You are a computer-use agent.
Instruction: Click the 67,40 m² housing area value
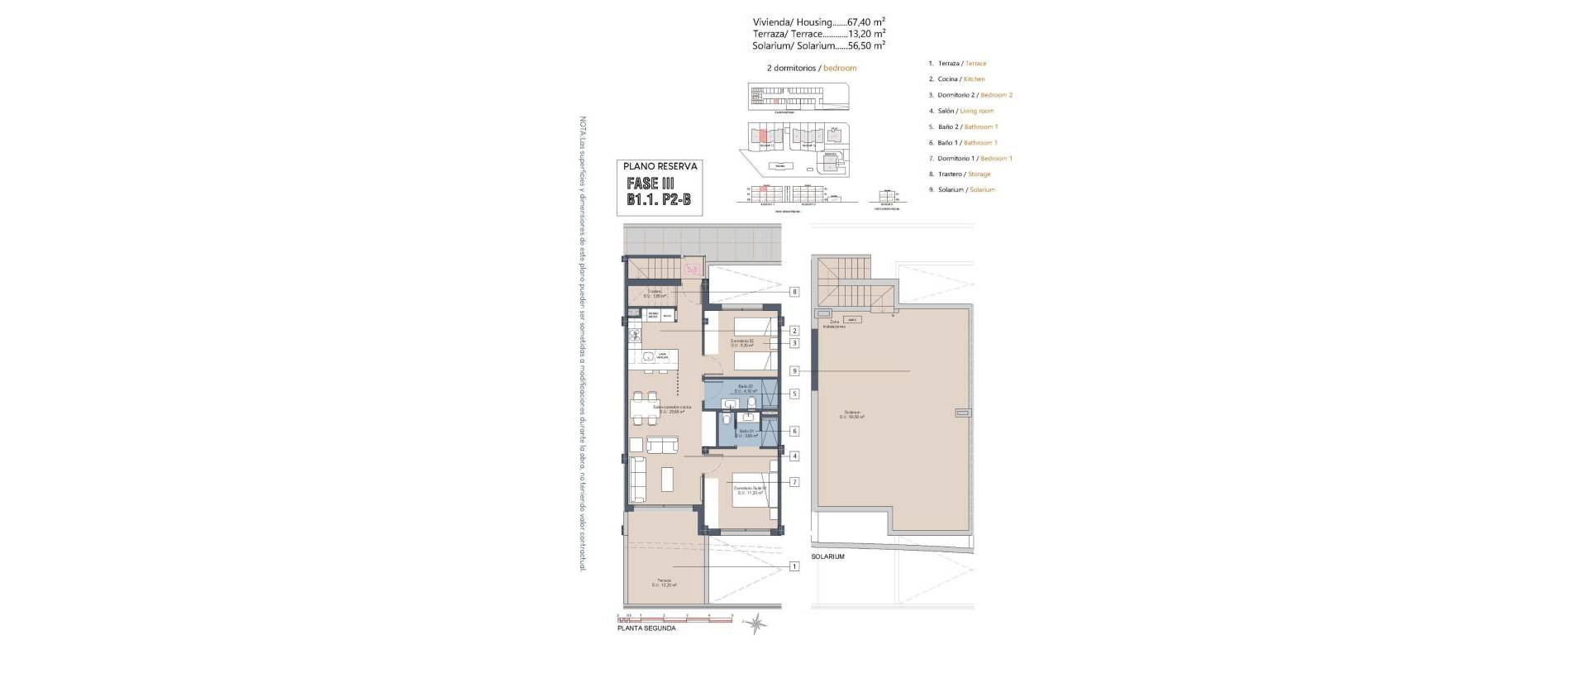(x=866, y=22)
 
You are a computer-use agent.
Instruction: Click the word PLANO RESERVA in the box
(x=660, y=166)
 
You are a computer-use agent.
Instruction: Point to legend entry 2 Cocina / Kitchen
(x=960, y=79)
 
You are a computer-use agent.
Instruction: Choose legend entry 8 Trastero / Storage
(x=964, y=174)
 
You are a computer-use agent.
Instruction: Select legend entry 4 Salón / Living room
(x=965, y=111)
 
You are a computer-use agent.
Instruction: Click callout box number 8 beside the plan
(x=794, y=292)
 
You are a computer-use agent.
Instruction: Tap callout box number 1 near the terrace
(x=794, y=566)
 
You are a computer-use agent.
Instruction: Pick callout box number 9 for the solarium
(x=794, y=371)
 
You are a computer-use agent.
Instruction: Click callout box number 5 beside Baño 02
(x=794, y=394)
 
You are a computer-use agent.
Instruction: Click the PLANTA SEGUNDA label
(x=646, y=628)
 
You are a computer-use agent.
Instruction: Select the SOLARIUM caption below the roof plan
(x=827, y=557)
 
